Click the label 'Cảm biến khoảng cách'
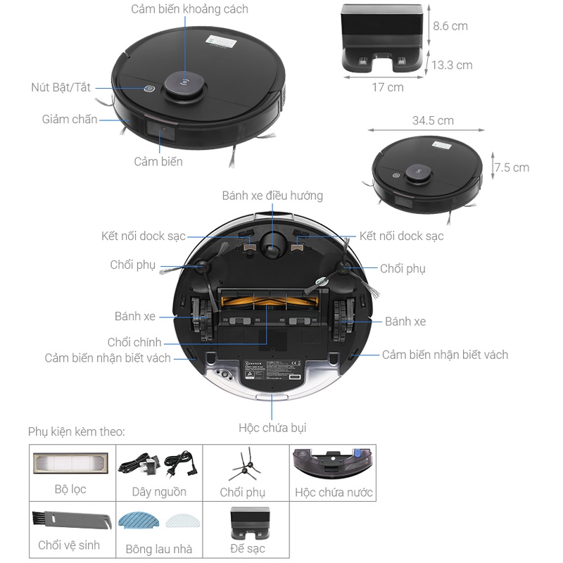190,10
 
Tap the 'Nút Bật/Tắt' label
61,88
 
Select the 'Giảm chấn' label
70,119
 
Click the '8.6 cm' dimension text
450,26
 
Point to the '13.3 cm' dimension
452,65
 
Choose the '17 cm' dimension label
388,87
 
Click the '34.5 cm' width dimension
433,120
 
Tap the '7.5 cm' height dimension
512,167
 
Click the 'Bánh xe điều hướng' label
272,196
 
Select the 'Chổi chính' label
134,342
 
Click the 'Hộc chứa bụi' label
272,427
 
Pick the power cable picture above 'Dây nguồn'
159,465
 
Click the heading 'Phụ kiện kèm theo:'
77,431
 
